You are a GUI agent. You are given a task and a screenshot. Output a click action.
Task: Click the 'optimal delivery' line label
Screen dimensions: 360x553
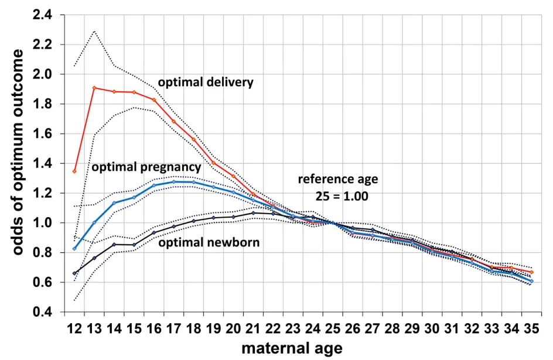pos(206,82)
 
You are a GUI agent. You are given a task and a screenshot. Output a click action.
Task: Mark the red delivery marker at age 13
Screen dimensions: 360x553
pos(94,88)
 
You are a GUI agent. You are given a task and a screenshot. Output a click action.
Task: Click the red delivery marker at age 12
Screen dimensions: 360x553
pos(74,171)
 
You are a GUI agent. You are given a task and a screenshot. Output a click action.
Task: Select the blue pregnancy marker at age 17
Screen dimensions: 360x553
pos(174,182)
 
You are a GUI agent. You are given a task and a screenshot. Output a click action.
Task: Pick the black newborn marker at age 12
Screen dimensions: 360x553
pos(74,273)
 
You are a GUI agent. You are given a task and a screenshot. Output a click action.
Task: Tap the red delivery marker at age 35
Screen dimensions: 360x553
pos(531,272)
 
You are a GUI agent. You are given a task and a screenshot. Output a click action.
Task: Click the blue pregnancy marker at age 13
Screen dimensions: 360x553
pos(94,222)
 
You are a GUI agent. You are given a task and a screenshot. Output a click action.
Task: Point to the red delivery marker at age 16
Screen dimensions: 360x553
pos(154,100)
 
